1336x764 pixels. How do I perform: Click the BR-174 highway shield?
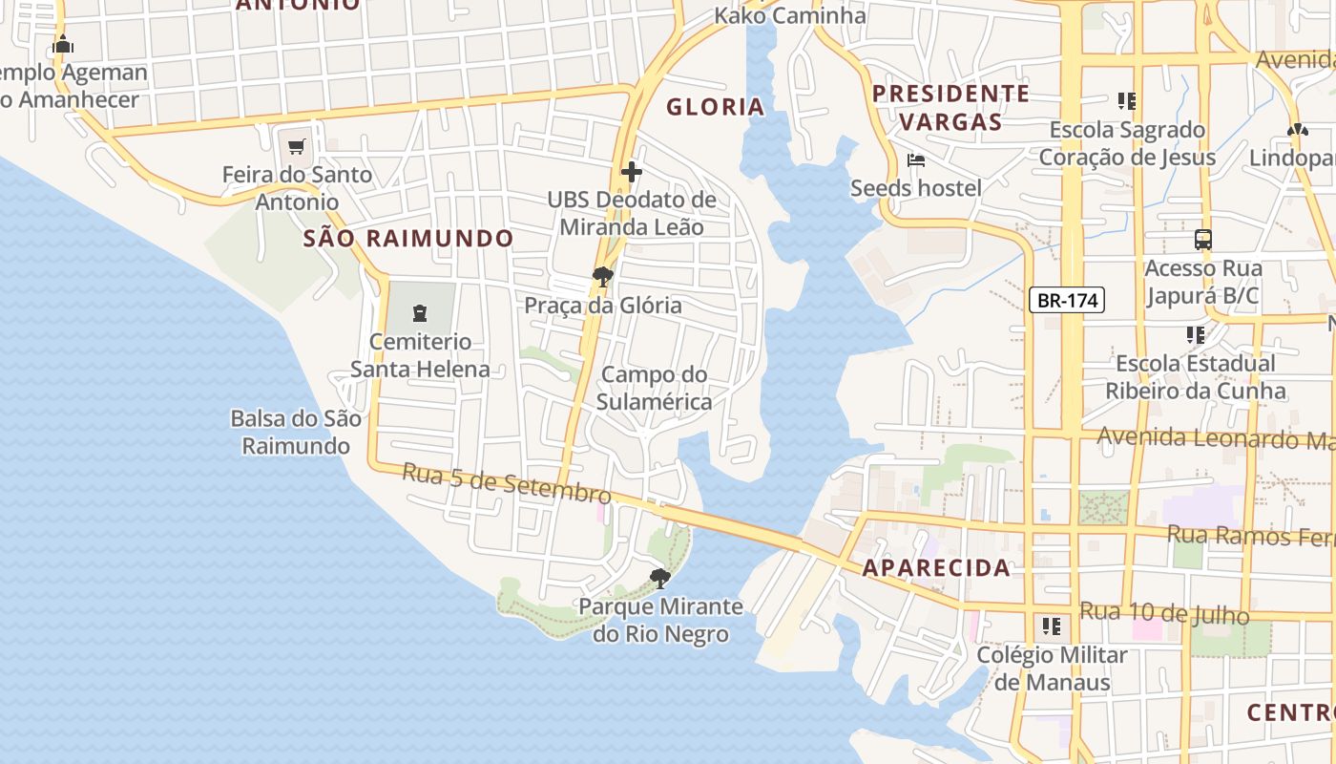(1067, 300)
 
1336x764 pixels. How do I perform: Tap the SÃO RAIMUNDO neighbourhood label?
(408, 239)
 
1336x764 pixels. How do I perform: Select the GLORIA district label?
(715, 107)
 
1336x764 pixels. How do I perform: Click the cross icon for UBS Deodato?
(631, 172)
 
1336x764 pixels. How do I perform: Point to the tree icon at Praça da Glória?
(602, 278)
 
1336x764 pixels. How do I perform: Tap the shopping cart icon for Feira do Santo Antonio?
(296, 147)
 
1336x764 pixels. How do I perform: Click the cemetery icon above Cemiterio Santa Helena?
(419, 312)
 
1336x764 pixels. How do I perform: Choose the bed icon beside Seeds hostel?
(916, 159)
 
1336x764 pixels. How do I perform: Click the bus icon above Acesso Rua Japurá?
(1202, 240)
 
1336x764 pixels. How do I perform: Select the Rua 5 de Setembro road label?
(506, 483)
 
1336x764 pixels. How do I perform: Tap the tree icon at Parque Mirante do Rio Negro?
(659, 578)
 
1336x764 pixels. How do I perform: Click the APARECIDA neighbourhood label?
(936, 568)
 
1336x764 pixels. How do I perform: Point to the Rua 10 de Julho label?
(1163, 613)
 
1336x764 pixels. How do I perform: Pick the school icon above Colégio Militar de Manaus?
(1051, 626)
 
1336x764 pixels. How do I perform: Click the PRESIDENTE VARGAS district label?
(950, 107)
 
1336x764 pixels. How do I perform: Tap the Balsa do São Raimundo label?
(296, 432)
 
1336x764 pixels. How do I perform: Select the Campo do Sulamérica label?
(655, 388)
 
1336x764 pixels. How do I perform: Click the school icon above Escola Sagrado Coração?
(1126, 100)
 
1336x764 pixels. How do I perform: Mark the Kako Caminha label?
(790, 15)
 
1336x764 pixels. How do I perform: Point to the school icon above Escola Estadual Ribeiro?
(1195, 334)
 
